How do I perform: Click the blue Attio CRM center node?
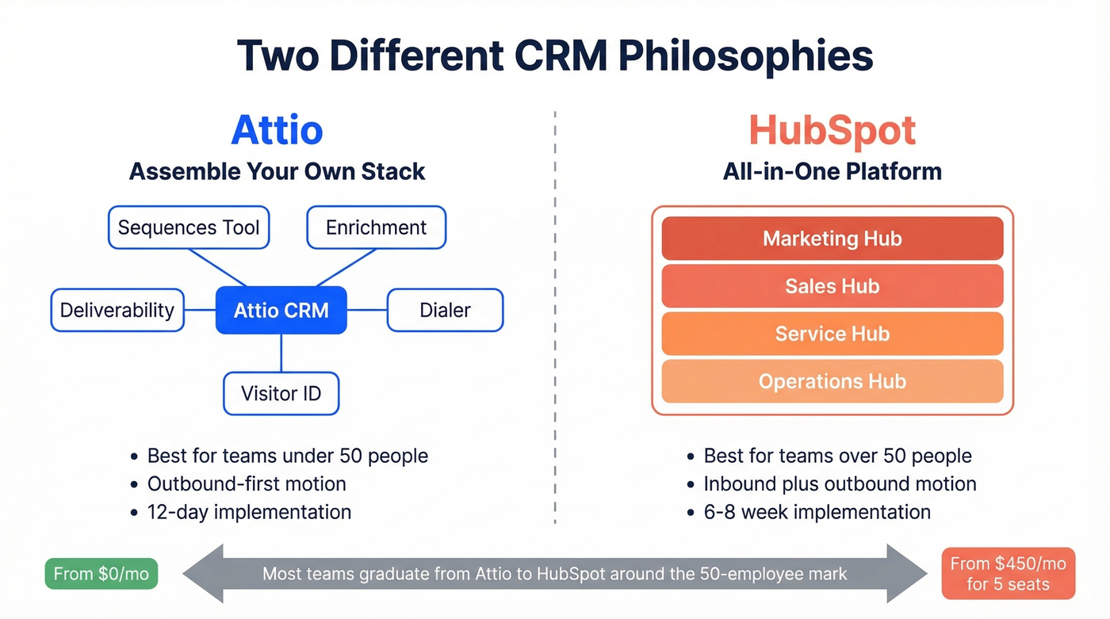click(281, 310)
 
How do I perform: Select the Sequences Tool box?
click(189, 227)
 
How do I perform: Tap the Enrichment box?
click(376, 227)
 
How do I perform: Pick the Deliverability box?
click(117, 310)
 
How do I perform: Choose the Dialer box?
click(445, 310)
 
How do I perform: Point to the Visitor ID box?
click(281, 393)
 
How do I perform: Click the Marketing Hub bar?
click(832, 239)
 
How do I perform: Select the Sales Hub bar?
click(832, 286)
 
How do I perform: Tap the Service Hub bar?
click(832, 334)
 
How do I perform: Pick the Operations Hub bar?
click(832, 381)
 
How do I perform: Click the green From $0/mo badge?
click(101, 574)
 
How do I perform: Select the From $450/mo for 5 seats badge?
click(1008, 574)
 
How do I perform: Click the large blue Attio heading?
click(277, 131)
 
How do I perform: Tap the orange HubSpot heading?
click(832, 131)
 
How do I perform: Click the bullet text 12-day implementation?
click(249, 512)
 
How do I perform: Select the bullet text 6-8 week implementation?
click(817, 512)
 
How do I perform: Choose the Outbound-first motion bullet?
click(247, 483)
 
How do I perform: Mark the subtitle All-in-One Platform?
click(832, 171)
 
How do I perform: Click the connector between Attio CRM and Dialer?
click(366, 310)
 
